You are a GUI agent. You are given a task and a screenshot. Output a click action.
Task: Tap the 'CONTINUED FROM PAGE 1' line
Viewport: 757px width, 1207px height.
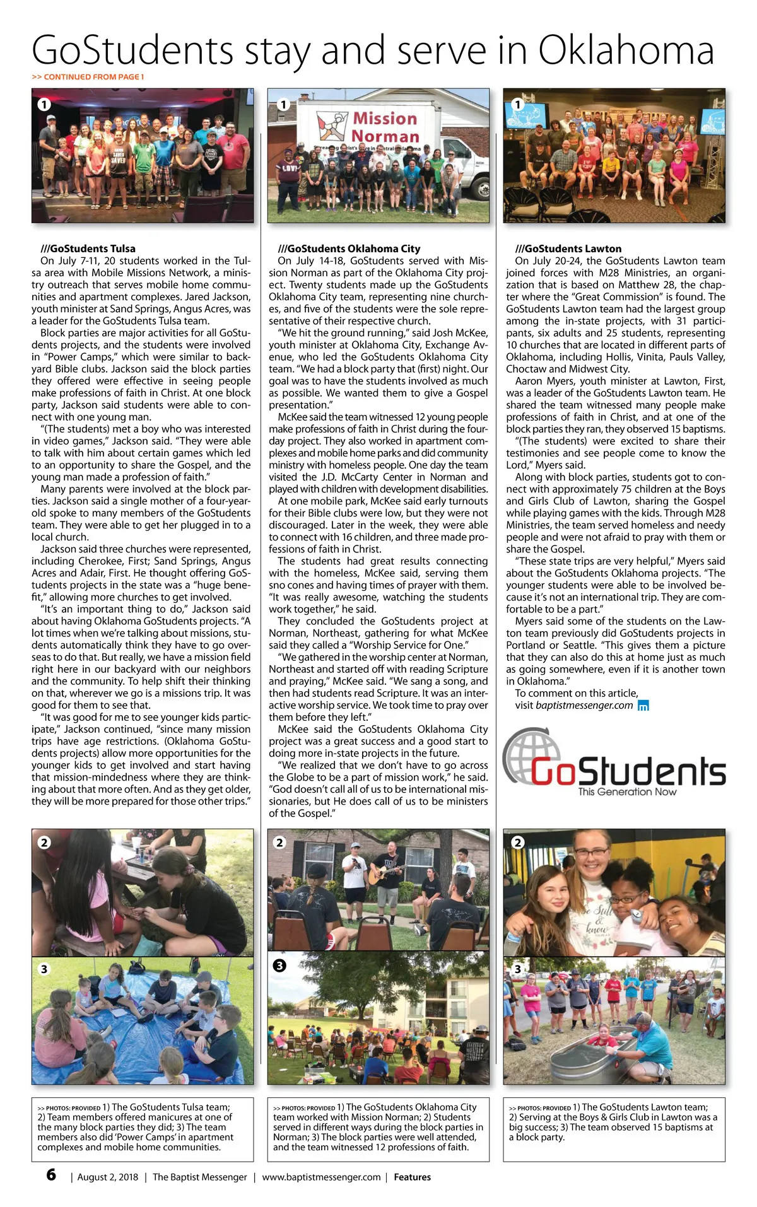point(88,77)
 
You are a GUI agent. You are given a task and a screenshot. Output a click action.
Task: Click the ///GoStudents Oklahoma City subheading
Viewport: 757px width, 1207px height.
point(349,248)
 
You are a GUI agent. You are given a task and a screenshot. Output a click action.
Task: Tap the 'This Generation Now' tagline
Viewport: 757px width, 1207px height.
point(627,791)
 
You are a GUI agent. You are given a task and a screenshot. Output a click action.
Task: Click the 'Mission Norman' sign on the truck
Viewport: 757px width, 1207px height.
point(384,127)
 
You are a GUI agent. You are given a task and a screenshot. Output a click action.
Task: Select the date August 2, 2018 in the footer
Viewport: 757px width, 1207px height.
point(108,1177)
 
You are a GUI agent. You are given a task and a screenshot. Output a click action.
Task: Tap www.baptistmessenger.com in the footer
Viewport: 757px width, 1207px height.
point(321,1177)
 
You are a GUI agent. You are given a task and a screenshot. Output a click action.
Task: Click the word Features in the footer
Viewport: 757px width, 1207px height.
point(412,1177)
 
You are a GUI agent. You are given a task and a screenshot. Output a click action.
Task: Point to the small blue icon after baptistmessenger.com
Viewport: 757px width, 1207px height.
point(643,706)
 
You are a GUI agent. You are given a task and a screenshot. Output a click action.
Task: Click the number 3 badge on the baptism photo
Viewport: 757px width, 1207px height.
point(518,969)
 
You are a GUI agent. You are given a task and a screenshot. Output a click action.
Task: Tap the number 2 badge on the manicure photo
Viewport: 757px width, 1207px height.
point(44,843)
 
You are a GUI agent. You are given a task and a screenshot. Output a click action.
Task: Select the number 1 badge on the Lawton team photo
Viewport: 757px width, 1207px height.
point(517,104)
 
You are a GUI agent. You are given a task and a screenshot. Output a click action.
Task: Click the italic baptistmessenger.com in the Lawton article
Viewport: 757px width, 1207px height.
point(584,705)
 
